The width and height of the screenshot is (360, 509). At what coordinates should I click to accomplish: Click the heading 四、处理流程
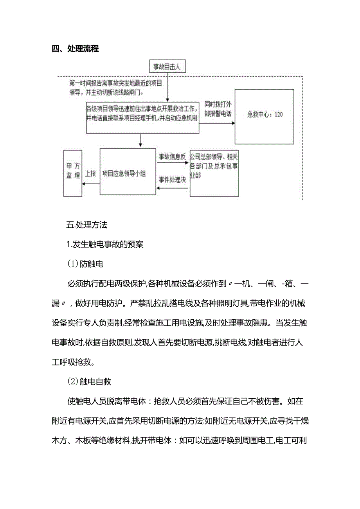click(x=75, y=49)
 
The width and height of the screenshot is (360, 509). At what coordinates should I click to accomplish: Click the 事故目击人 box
click(x=167, y=67)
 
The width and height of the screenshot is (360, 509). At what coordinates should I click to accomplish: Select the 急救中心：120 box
click(x=264, y=116)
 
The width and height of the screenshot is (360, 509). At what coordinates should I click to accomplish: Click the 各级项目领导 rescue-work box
click(x=142, y=117)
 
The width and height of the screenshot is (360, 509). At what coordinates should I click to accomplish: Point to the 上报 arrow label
click(x=90, y=174)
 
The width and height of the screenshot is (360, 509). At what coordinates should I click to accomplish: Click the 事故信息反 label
click(x=172, y=156)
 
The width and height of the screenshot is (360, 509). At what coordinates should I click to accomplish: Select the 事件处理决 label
click(x=172, y=180)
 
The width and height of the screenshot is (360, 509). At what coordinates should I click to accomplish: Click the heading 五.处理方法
click(x=87, y=225)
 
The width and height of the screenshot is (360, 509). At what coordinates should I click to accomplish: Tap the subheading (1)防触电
click(x=85, y=264)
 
